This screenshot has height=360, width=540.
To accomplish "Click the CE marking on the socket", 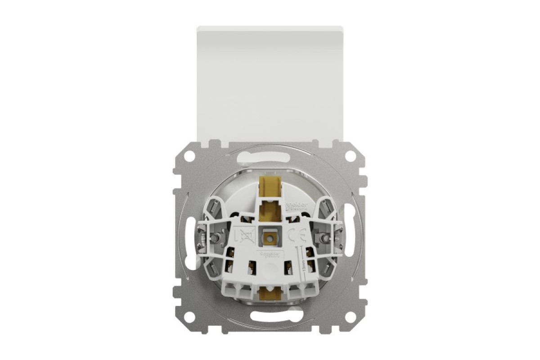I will coord(291,234).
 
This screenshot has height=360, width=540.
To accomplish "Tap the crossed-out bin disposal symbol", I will coord(243,234).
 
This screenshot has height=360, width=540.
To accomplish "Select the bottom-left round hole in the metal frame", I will coord(189,317).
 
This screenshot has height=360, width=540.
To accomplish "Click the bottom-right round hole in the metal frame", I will coord(350,317).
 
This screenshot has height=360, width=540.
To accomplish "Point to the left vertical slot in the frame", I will coord(188,236).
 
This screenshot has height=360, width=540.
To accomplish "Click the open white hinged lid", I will coord(270,81).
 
